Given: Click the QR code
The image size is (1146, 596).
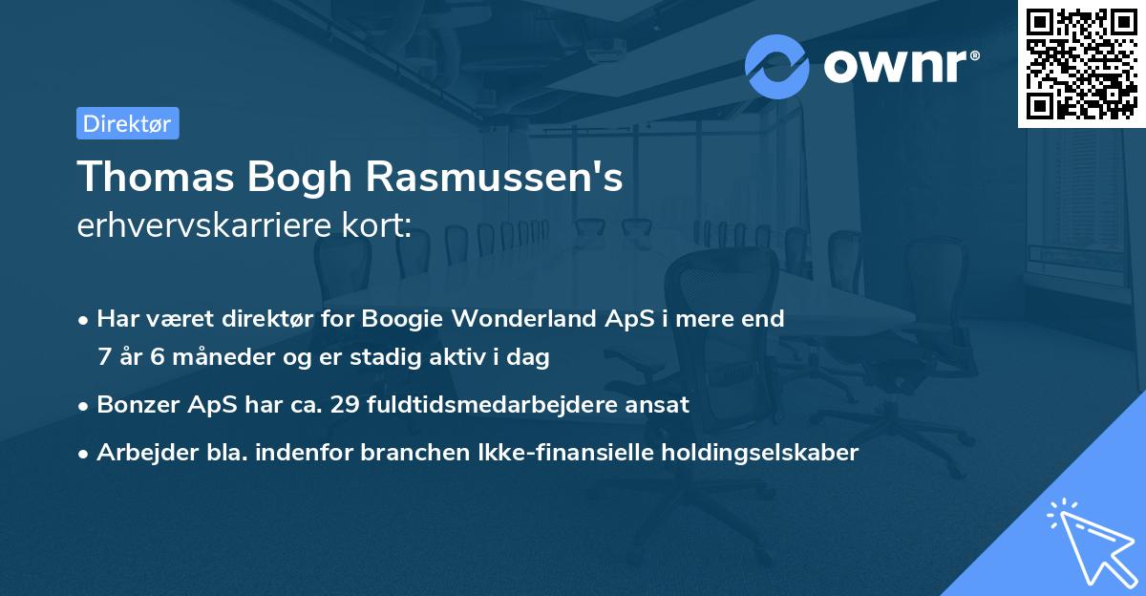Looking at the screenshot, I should [1081, 64].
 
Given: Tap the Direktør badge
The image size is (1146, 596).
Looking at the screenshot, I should [127, 123].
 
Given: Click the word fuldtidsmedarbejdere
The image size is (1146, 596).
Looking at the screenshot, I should [484, 404].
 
